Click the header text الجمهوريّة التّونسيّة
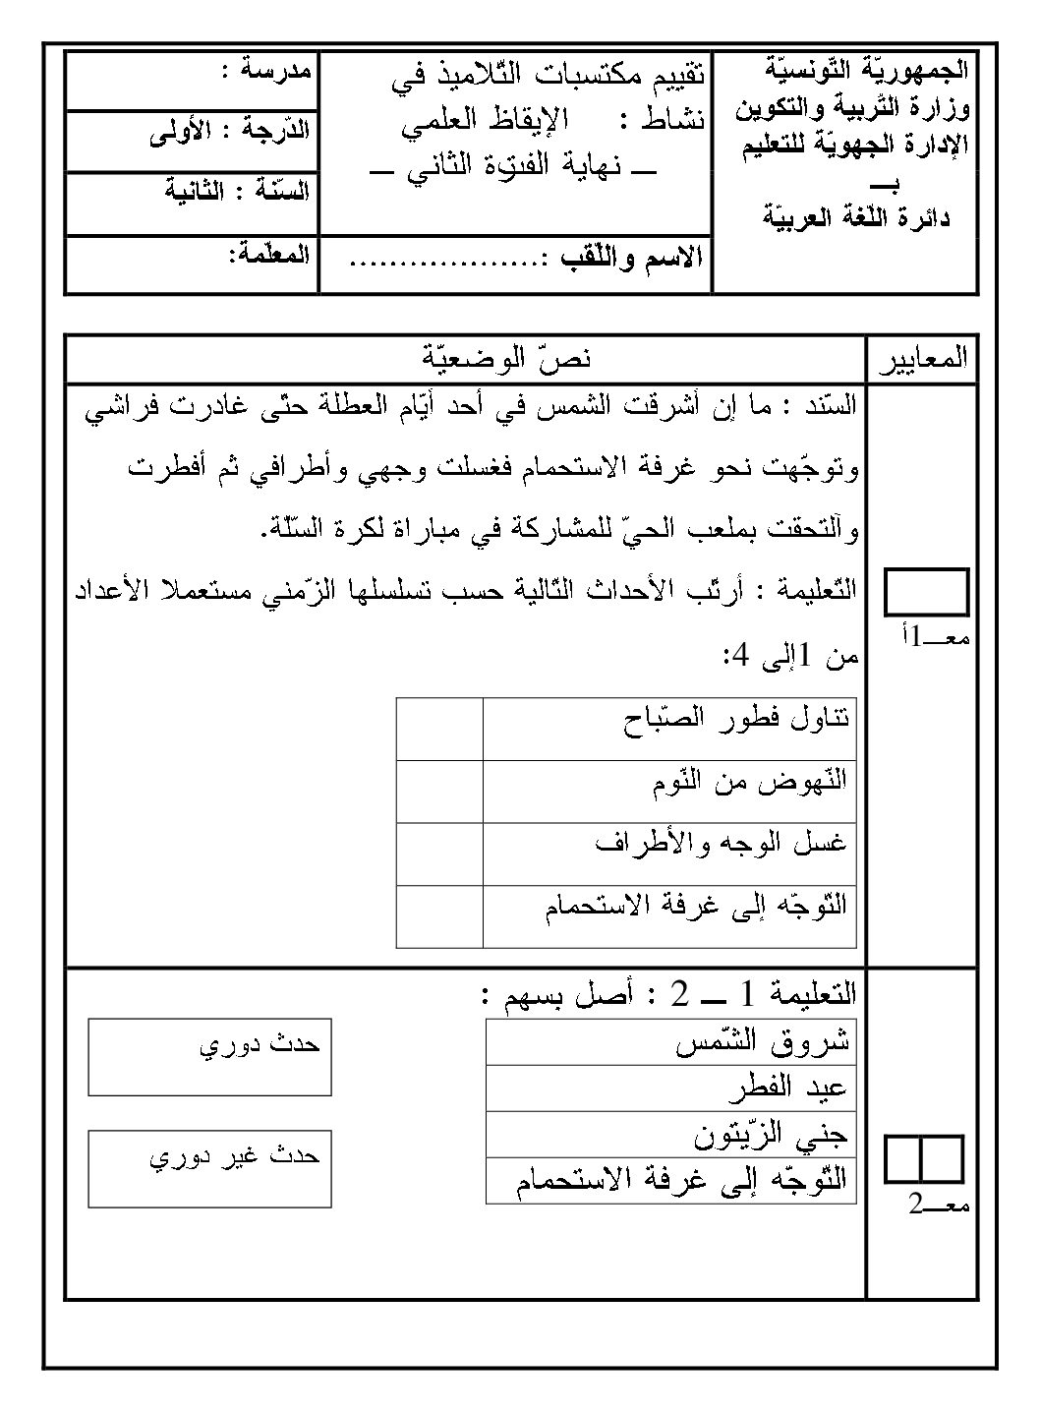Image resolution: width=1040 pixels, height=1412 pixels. click(865, 71)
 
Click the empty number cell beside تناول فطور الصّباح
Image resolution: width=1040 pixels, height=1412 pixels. click(439, 729)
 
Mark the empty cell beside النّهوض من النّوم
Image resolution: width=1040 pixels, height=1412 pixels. click(439, 792)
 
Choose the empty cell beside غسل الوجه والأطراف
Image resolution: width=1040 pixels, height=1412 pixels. click(439, 854)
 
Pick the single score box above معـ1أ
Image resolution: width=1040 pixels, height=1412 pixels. click(927, 593)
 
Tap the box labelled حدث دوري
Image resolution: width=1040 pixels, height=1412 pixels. click(209, 1057)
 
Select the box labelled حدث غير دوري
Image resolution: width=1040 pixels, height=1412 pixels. click(209, 1168)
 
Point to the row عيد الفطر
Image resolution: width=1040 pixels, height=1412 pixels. click(670, 1089)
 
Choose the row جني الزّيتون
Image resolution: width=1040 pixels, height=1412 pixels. click(670, 1136)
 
